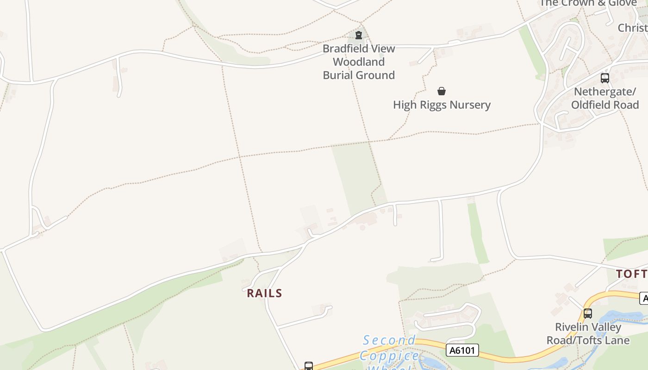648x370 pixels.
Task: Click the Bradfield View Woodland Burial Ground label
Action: (x=359, y=62)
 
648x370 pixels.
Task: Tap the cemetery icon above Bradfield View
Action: (x=358, y=35)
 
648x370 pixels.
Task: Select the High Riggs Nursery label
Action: (x=442, y=105)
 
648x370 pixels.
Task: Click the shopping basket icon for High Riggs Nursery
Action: (x=442, y=91)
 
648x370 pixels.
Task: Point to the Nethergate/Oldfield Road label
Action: (x=604, y=98)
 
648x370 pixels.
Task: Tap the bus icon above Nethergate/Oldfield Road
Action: (x=604, y=78)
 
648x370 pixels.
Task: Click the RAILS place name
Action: (x=264, y=293)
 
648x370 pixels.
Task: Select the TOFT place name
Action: (x=631, y=274)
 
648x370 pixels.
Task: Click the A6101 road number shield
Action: (x=462, y=350)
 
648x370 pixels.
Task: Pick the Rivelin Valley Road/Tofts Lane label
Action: (x=588, y=334)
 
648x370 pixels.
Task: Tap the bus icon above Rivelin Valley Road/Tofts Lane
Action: (x=588, y=314)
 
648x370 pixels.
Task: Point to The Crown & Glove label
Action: (x=588, y=3)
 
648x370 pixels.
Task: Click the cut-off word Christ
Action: (x=633, y=28)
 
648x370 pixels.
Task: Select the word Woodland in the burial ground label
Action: (x=359, y=62)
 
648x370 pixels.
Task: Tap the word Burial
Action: (x=343, y=75)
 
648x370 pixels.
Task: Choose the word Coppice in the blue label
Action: (x=389, y=356)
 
